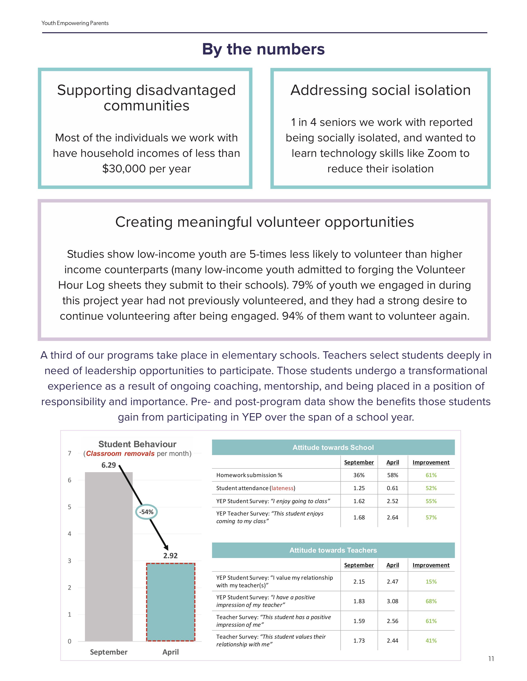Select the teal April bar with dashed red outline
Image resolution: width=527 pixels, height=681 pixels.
tap(171, 602)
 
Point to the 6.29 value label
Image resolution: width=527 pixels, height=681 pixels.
tap(109, 465)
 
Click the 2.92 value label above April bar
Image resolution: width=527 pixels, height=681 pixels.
tap(170, 556)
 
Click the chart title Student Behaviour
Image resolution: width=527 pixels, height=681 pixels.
tap(137, 444)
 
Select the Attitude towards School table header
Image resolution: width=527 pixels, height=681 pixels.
tap(333, 447)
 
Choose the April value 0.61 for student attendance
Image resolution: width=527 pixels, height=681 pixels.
tap(392, 488)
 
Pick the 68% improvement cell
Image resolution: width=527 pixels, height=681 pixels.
tap(431, 601)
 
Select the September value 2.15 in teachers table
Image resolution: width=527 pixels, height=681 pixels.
tap(359, 582)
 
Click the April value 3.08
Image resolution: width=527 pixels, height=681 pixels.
tap(392, 601)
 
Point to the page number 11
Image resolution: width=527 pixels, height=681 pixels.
tap(491, 659)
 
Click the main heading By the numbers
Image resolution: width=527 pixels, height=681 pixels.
tap(263, 49)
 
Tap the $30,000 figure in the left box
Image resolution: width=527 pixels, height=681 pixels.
tap(124, 169)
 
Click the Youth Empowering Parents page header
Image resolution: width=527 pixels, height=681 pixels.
tap(75, 23)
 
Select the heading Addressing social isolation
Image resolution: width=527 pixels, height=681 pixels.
tap(380, 90)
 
